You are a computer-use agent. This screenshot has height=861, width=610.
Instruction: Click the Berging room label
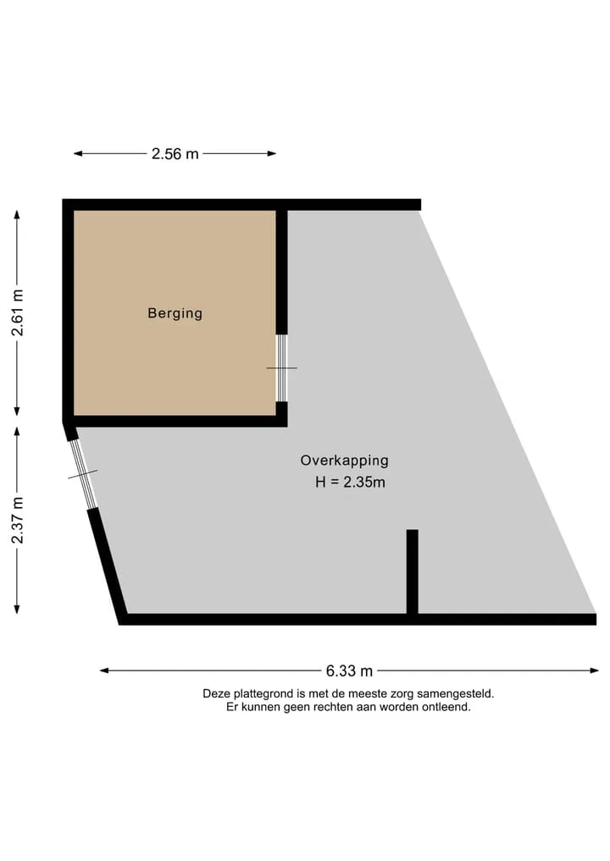175,313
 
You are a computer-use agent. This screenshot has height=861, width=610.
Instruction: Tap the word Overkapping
345,461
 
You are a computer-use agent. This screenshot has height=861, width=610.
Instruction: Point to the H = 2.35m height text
350,482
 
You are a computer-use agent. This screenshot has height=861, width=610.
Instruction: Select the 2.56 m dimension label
175,154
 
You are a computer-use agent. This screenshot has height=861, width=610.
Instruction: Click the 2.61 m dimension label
18,312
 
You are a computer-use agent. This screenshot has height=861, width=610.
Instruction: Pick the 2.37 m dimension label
18,520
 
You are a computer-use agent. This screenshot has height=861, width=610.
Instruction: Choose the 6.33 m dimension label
350,671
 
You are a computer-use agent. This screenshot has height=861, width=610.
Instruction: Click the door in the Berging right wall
281,368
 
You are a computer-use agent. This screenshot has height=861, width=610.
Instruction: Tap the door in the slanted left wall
84,474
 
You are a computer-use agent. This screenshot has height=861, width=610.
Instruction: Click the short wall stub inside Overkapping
412,571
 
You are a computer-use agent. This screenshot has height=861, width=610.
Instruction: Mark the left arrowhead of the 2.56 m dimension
78,154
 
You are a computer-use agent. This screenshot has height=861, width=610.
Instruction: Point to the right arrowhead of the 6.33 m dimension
595,671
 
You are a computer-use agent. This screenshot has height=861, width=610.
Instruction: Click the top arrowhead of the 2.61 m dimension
17,215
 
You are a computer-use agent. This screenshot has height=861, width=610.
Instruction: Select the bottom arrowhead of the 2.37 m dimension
17,609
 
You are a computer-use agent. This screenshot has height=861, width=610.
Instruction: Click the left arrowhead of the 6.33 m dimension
104,671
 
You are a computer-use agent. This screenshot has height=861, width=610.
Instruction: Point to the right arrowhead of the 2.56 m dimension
271,154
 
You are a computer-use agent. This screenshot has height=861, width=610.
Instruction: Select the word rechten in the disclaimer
332,707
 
